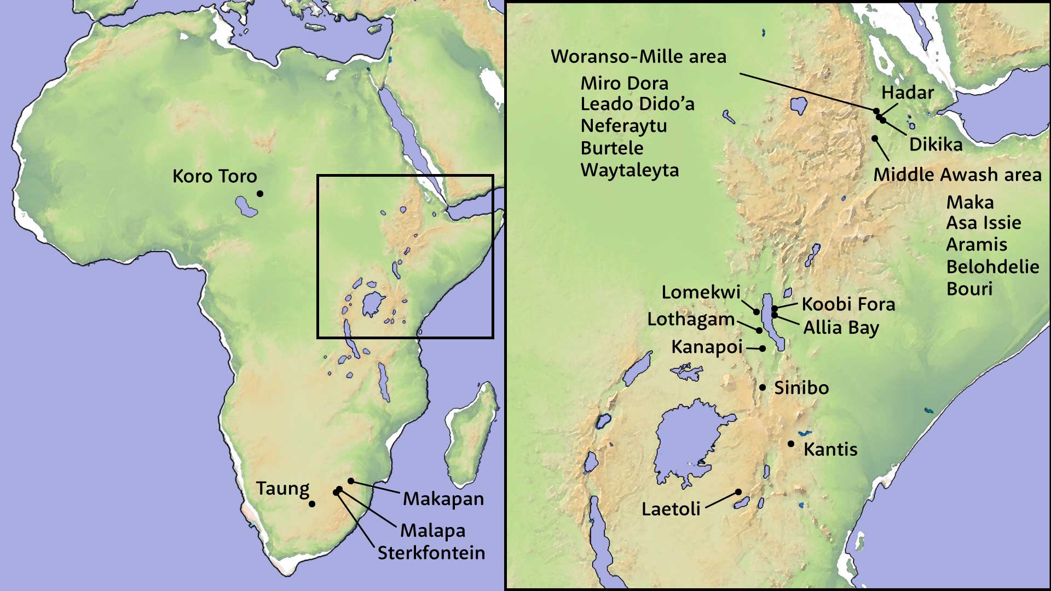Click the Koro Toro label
click(x=215, y=176)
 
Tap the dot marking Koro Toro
click(x=260, y=194)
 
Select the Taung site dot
click(x=311, y=504)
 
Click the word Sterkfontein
click(x=431, y=553)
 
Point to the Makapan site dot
click(x=351, y=482)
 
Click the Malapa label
click(x=432, y=530)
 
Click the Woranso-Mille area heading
click(x=638, y=57)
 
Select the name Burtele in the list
click(x=612, y=148)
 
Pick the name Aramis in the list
click(x=977, y=245)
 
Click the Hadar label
click(x=907, y=92)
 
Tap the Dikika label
click(x=935, y=144)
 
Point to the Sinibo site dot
click(x=763, y=387)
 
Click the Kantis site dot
click(x=791, y=444)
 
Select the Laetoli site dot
click(x=738, y=491)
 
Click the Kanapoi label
click(x=707, y=347)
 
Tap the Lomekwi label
click(x=701, y=292)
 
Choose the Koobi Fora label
click(x=848, y=304)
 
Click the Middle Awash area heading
click(x=957, y=175)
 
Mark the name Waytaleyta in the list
click(x=630, y=170)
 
